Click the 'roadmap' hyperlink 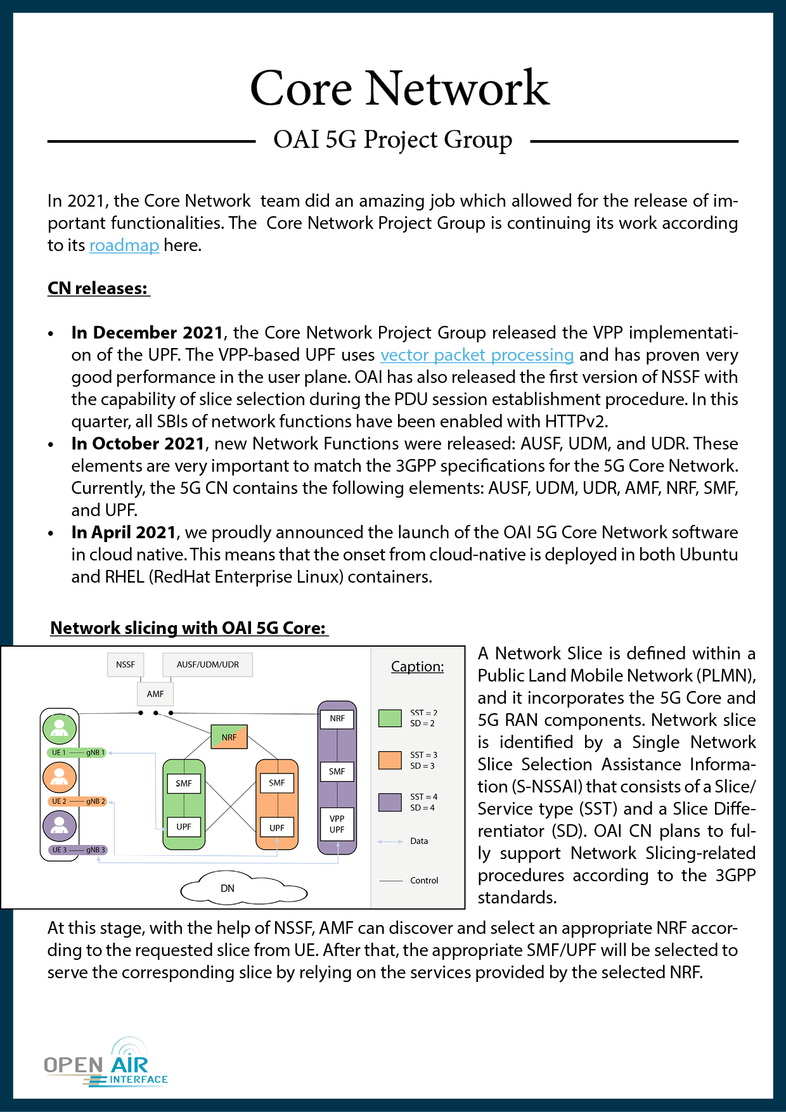point(124,245)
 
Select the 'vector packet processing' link point(477,355)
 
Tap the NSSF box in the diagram point(126,664)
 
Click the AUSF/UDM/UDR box point(208,664)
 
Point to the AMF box point(155,694)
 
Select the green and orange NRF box point(229,737)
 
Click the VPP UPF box point(337,824)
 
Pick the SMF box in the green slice point(184,784)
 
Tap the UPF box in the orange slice point(277,827)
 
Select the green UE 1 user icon point(60,728)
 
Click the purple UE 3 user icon point(60,826)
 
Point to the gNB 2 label point(96,801)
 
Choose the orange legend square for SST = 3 point(390,760)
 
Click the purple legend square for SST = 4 point(390,802)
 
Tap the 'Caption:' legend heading point(417,667)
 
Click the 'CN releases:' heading point(98,288)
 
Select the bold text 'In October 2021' point(138,444)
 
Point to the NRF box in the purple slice point(337,719)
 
